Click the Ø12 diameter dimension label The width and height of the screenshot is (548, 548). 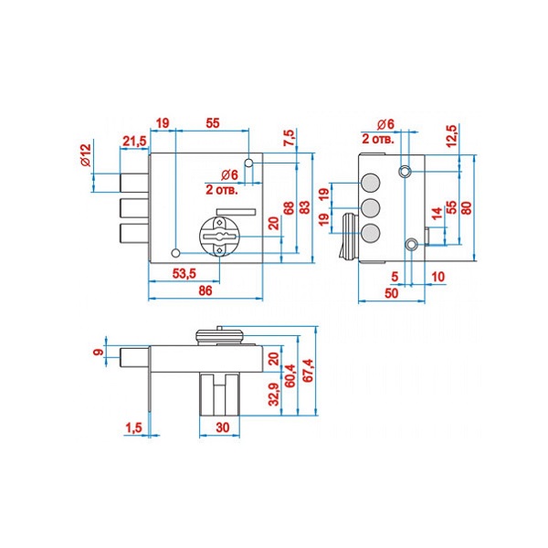coord(85,156)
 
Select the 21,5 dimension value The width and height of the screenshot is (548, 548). coord(134,140)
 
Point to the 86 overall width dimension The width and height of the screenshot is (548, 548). coord(205,290)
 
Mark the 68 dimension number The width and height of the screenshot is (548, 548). coord(289,209)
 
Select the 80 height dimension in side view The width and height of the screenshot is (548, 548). coord(469,207)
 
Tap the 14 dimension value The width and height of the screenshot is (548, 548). coord(437,215)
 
